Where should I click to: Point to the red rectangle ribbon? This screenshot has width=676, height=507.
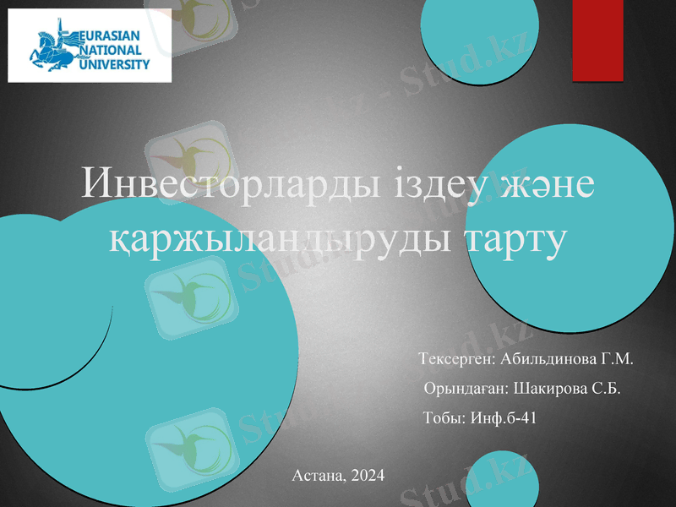597,40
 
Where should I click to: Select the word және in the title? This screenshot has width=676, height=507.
544,185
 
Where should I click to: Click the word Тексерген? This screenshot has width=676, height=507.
455,360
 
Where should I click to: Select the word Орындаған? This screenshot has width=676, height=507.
465,389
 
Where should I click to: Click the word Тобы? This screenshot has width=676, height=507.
442,417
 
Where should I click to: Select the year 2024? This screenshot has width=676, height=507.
365,476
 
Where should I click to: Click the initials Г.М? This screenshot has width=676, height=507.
617,360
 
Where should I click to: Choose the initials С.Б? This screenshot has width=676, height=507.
607,389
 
